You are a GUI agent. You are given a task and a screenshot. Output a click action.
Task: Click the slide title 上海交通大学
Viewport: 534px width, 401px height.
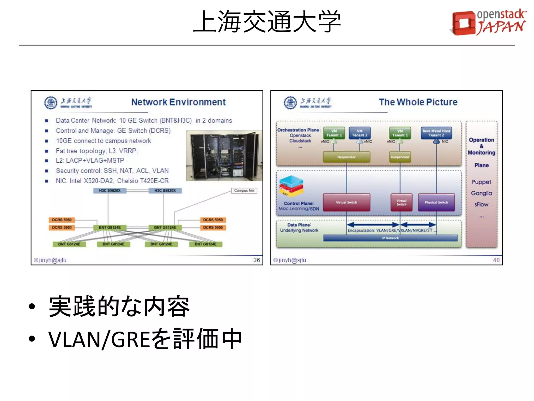click(x=267, y=21)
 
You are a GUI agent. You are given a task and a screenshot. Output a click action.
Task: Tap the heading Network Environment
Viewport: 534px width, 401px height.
click(x=178, y=102)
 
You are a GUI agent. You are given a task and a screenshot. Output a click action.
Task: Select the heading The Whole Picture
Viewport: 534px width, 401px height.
click(x=418, y=102)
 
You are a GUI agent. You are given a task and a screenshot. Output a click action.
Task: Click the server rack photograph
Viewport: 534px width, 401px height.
click(x=224, y=156)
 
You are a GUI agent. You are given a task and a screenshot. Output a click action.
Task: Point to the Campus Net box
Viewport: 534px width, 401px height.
click(x=244, y=191)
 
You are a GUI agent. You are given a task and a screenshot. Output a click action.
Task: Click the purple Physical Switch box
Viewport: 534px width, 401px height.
click(x=436, y=202)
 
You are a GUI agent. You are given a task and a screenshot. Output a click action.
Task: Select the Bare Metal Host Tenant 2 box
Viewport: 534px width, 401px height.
click(x=436, y=133)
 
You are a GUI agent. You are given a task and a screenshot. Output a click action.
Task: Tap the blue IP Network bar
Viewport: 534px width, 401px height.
click(x=390, y=238)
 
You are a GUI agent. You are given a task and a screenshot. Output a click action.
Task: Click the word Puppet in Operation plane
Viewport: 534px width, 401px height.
click(x=481, y=182)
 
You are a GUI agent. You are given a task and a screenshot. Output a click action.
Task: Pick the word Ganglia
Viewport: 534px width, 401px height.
click(x=481, y=193)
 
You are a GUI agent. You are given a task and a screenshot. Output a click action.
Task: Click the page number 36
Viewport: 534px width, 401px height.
click(x=257, y=260)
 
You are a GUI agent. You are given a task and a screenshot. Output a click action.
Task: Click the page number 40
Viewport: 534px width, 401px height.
click(x=496, y=260)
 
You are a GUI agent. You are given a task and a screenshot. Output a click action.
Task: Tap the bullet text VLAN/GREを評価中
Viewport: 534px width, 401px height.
click(x=145, y=339)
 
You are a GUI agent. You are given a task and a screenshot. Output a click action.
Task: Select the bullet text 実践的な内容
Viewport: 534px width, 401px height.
click(x=119, y=306)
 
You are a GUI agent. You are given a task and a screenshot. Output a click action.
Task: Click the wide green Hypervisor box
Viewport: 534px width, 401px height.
click(x=346, y=157)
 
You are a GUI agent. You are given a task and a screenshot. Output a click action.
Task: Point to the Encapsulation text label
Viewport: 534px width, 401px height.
click(x=390, y=230)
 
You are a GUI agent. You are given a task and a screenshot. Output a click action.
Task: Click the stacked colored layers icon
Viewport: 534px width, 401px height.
click(x=291, y=186)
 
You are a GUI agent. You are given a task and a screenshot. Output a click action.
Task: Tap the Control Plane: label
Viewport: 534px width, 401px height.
click(x=299, y=203)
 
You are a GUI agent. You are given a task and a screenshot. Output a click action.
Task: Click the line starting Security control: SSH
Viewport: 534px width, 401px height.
click(x=112, y=171)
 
